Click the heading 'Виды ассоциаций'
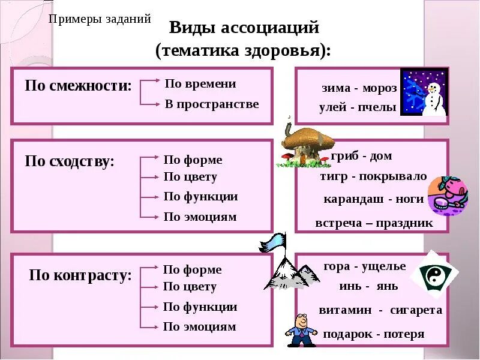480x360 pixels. coord(244,28)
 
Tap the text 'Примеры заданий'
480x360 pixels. coord(100,19)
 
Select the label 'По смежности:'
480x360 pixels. coord(78,85)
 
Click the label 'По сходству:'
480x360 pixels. coord(70,161)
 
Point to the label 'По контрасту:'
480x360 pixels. coord(80,276)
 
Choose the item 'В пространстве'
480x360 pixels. coord(212,104)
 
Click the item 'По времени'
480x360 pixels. coord(200,84)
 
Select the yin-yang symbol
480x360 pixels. coord(434,275)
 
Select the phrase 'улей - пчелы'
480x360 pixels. coord(358,108)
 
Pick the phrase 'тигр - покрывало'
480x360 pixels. coord(373,177)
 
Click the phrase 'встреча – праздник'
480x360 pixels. coord(374,223)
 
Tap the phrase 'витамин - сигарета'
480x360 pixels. coord(380,310)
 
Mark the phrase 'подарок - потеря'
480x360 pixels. coord(373,334)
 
